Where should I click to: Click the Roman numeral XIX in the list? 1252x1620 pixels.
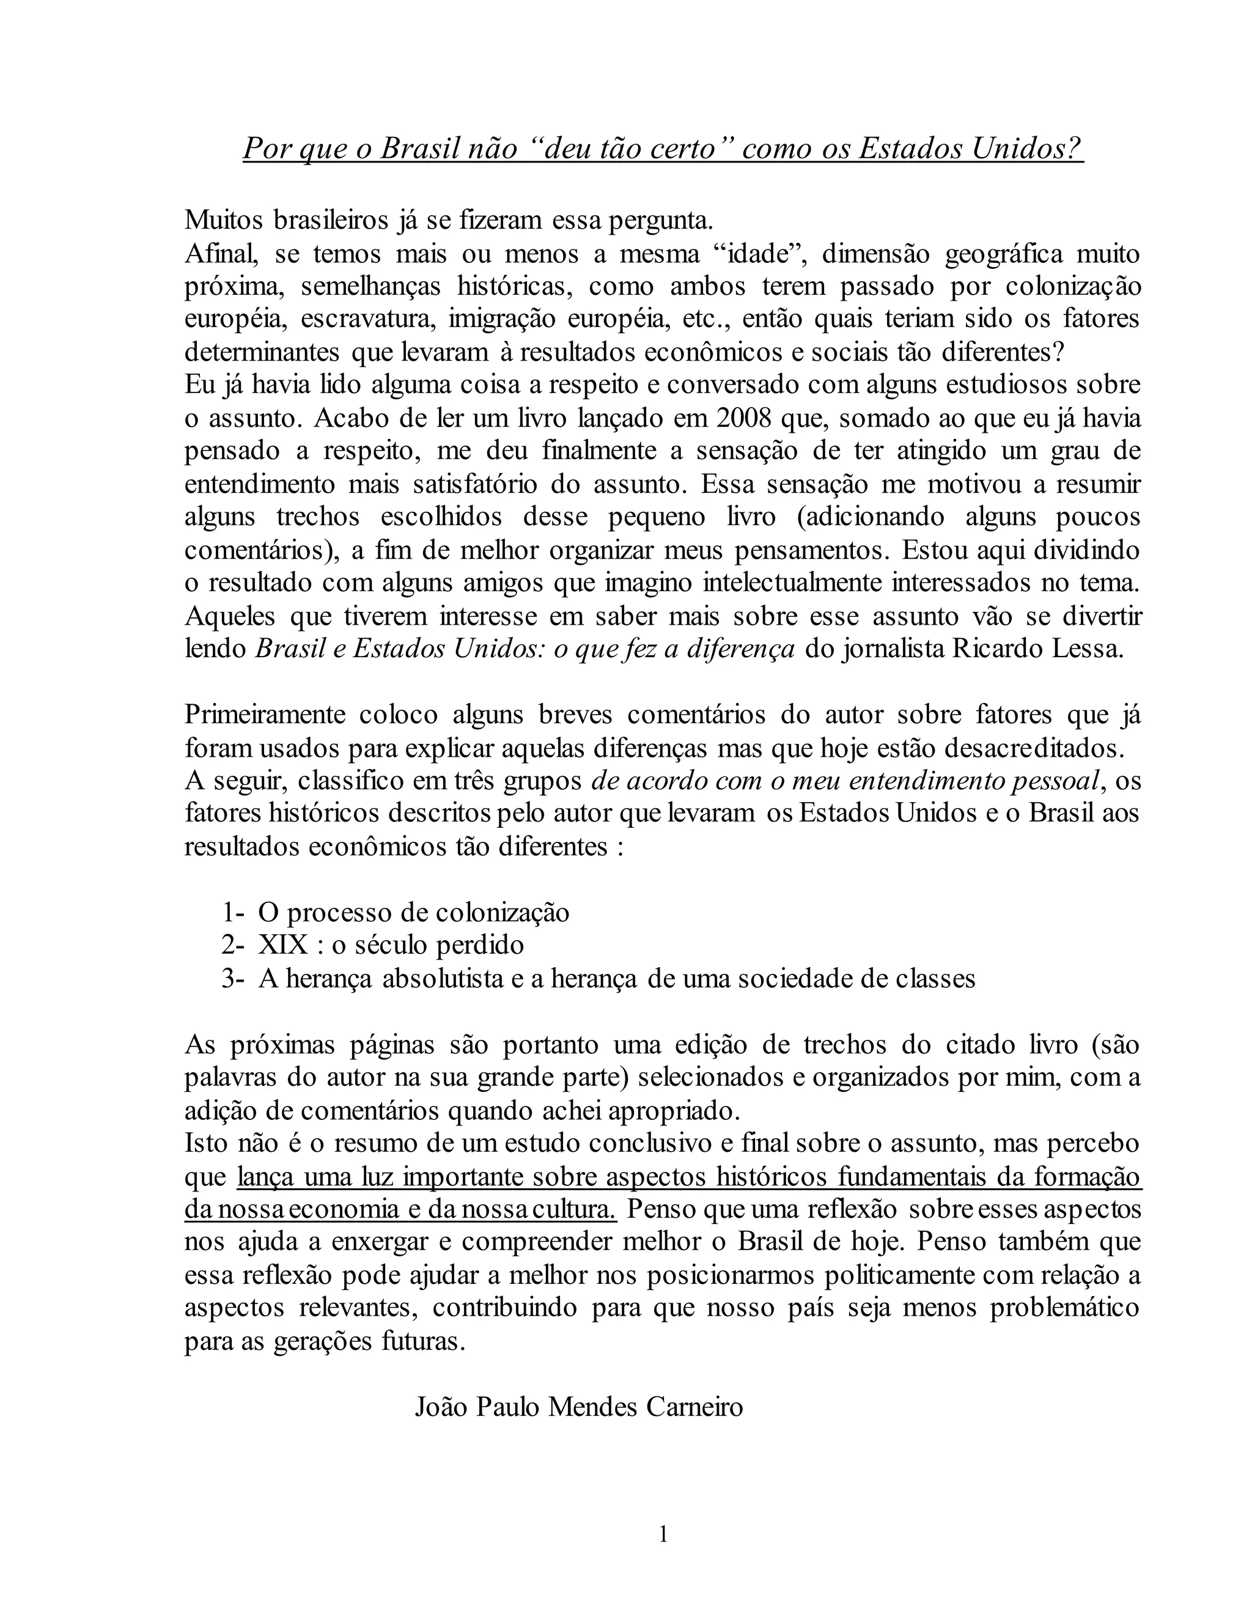(282, 945)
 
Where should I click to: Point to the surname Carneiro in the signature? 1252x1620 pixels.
(694, 1407)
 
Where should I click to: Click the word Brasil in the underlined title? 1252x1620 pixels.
(419, 149)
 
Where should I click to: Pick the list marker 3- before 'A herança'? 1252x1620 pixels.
(232, 978)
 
